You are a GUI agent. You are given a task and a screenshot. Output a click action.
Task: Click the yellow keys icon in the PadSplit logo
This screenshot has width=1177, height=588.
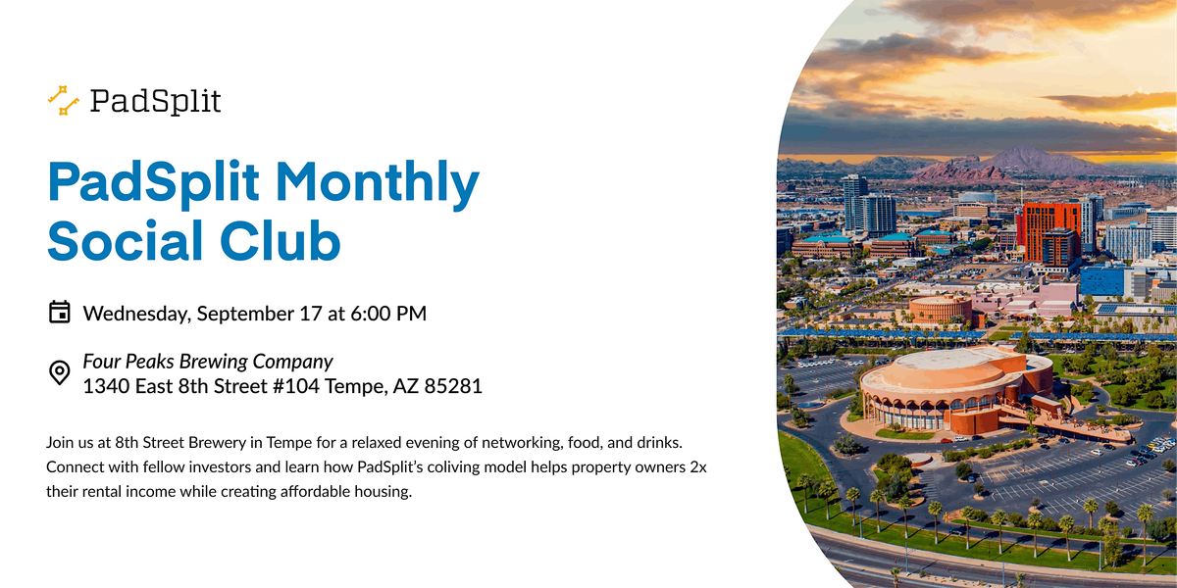pyautogui.click(x=63, y=100)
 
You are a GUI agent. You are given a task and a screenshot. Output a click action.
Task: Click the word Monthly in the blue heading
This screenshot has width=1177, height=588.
pyautogui.click(x=378, y=183)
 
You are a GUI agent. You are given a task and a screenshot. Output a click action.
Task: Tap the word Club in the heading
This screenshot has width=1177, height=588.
pyautogui.click(x=281, y=240)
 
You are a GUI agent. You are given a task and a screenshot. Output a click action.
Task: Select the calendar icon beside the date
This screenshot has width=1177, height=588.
pyautogui.click(x=60, y=312)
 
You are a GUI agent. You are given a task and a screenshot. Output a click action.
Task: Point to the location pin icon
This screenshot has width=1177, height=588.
pyautogui.click(x=60, y=372)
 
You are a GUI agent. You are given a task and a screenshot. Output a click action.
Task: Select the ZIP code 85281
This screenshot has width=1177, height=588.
pyautogui.click(x=453, y=386)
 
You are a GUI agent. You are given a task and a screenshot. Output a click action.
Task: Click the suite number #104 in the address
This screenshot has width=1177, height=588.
pyautogui.click(x=296, y=386)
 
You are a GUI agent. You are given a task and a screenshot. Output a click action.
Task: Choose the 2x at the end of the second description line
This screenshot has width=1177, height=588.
pyautogui.click(x=698, y=466)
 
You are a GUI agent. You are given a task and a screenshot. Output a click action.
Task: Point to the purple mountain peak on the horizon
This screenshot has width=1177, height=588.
pyautogui.click(x=1030, y=160)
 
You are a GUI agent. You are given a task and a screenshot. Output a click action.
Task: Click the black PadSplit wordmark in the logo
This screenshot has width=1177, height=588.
pyautogui.click(x=156, y=101)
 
